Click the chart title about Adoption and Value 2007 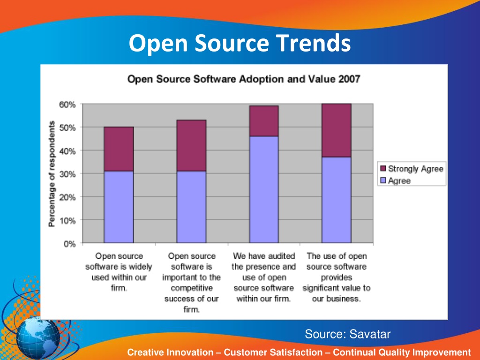(x=244, y=79)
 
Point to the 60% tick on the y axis (x=67, y=105)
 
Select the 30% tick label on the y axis (x=67, y=174)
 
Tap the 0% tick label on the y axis (x=69, y=243)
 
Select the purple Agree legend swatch (x=382, y=181)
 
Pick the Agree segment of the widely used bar (x=119, y=207)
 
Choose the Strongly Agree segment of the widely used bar (x=119, y=149)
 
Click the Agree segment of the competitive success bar (x=191, y=207)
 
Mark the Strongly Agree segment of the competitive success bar (x=191, y=146)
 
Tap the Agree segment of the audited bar (x=264, y=189)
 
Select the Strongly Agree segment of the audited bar (x=264, y=121)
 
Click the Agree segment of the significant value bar (x=336, y=200)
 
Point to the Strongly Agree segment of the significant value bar (x=336, y=130)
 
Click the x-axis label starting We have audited (x=264, y=277)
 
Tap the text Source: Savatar (x=347, y=334)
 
